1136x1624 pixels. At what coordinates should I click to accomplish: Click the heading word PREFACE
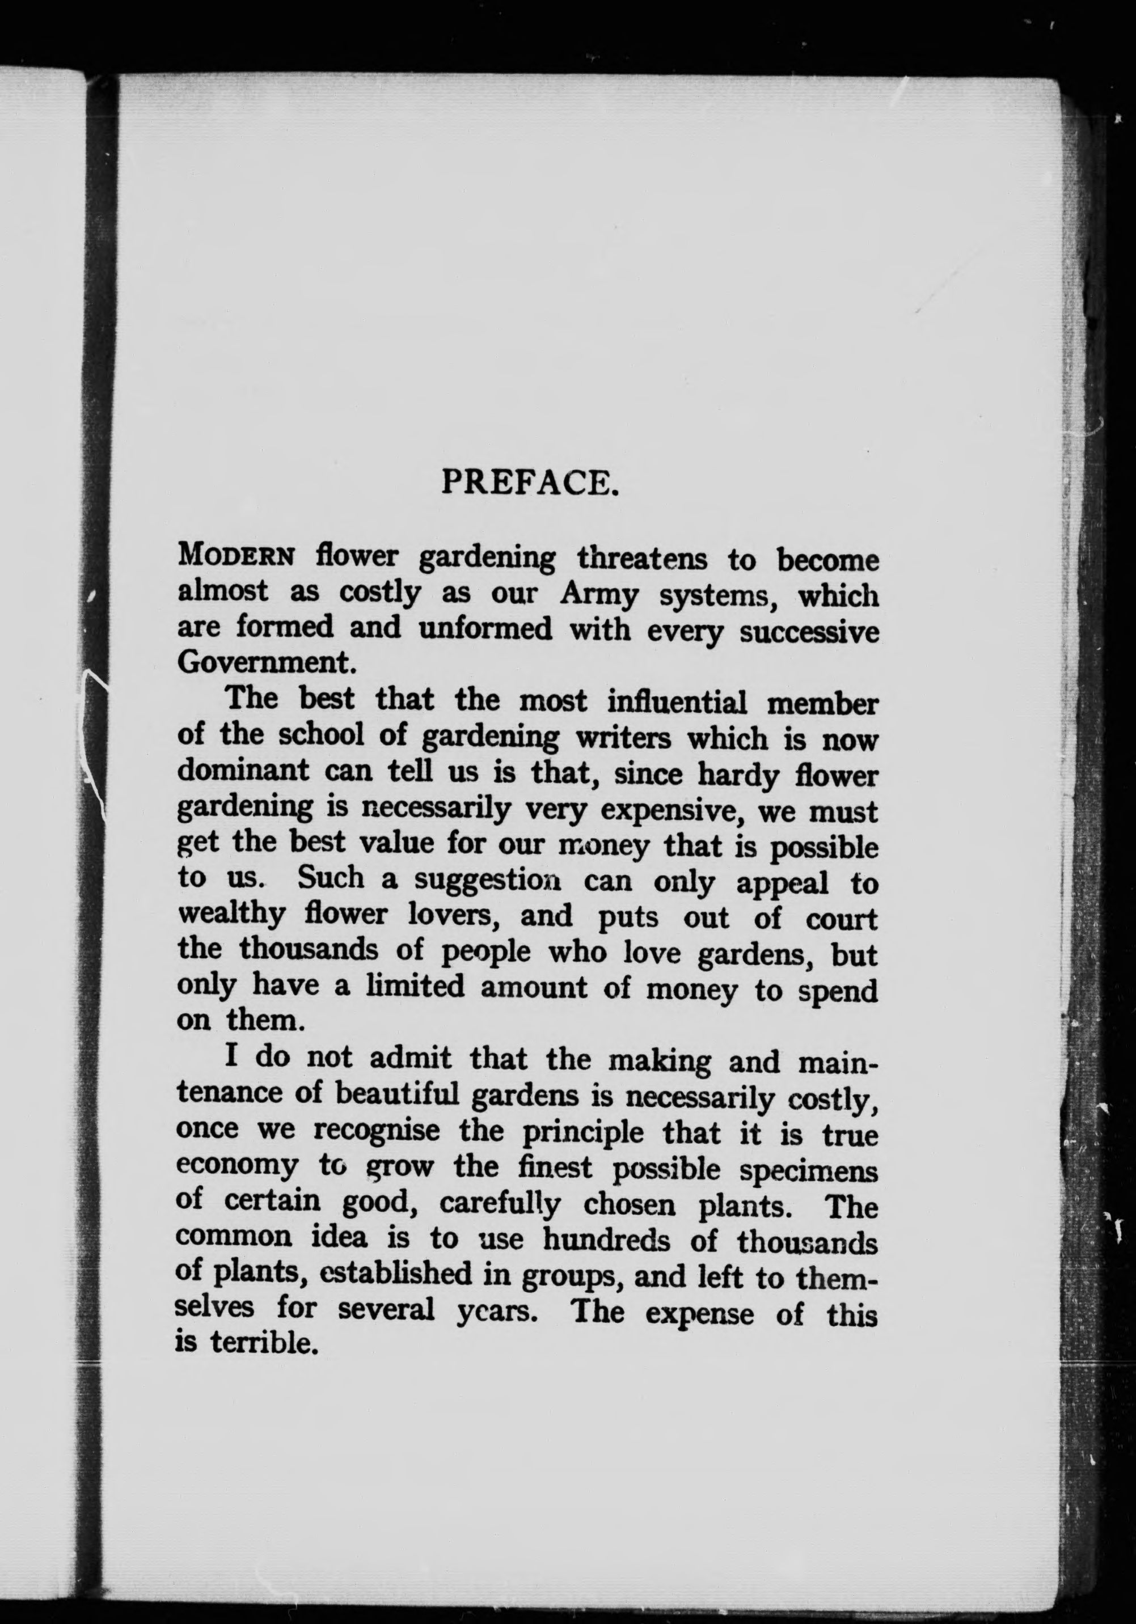tap(530, 483)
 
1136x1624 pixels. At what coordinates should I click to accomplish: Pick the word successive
tap(809, 632)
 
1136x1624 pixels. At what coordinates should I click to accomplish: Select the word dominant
tap(243, 769)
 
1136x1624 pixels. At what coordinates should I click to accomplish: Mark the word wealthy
tap(231, 915)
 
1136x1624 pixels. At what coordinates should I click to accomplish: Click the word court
tap(841, 919)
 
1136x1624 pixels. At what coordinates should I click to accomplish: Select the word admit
tap(410, 1058)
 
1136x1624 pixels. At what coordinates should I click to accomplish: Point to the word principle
tap(583, 1132)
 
